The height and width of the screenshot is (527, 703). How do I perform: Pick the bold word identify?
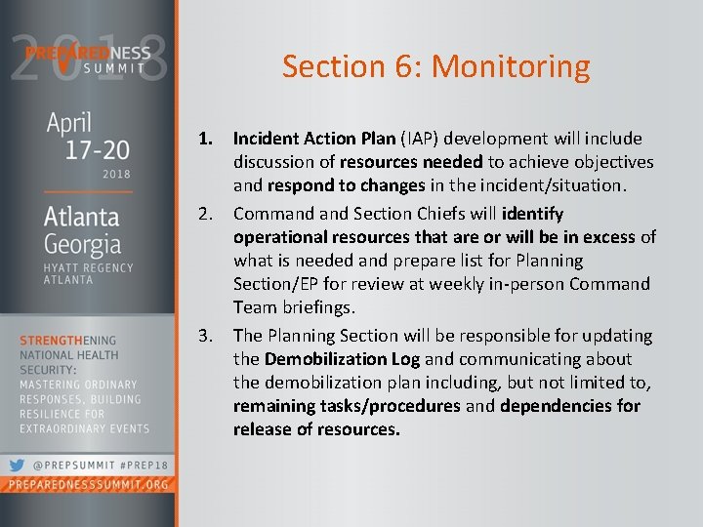(532, 213)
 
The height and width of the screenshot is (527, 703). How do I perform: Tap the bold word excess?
(611, 237)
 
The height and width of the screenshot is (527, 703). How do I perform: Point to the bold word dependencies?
(558, 406)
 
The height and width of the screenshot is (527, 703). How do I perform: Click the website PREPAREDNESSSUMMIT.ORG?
(88, 485)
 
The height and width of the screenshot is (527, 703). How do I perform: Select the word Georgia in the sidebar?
(83, 243)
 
